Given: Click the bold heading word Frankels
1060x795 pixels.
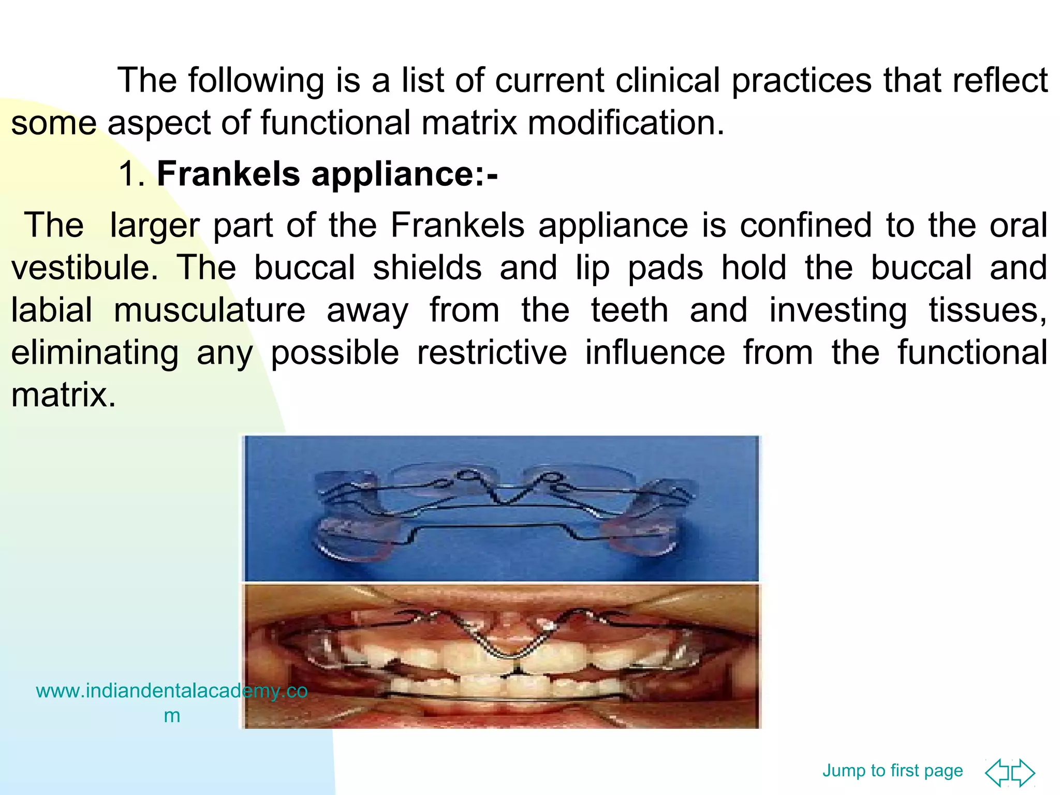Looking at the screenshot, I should point(228,173).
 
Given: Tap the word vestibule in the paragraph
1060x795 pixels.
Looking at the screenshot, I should point(84,268).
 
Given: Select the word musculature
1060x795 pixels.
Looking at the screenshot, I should point(210,310).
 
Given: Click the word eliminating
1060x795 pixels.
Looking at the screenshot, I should point(95,352).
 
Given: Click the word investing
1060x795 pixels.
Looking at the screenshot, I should point(838,310).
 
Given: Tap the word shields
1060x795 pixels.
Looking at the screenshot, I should point(428,268).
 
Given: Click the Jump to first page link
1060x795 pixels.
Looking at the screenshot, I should point(892,771).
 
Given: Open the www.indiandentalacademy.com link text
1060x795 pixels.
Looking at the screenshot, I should point(171,691).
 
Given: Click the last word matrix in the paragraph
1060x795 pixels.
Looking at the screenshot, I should point(63,395).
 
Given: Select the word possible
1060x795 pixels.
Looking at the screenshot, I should point(335,352).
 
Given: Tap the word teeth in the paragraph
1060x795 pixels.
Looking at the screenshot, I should point(629,310).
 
